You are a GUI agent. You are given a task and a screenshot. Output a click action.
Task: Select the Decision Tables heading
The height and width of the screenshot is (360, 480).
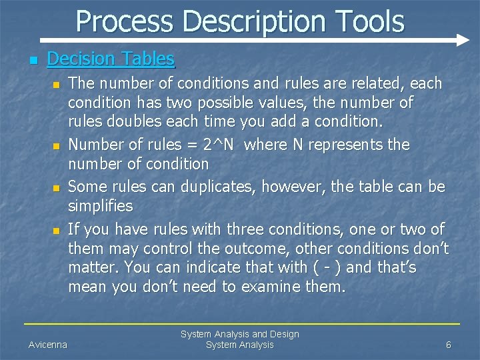click(x=111, y=59)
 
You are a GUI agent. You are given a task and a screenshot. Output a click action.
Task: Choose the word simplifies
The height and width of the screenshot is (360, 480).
click(x=101, y=206)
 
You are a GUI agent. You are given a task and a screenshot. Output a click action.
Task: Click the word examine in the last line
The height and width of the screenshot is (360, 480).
click(x=264, y=287)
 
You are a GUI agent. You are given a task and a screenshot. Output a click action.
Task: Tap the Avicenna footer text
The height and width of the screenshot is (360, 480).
click(x=47, y=345)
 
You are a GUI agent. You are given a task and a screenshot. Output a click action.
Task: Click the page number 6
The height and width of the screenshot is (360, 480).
click(x=449, y=345)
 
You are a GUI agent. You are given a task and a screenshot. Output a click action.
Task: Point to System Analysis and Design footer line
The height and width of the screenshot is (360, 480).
click(x=240, y=334)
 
